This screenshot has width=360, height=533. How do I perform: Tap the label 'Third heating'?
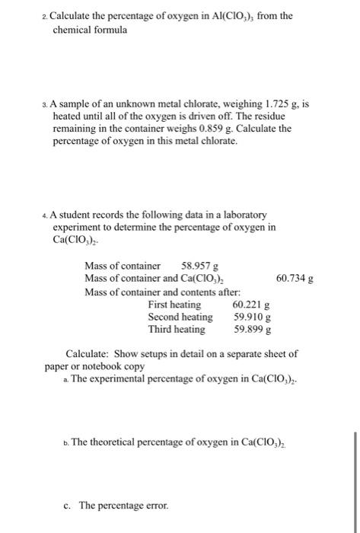pyautogui.click(x=177, y=330)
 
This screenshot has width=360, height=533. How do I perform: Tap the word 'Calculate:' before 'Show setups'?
pyautogui.click(x=92, y=354)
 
